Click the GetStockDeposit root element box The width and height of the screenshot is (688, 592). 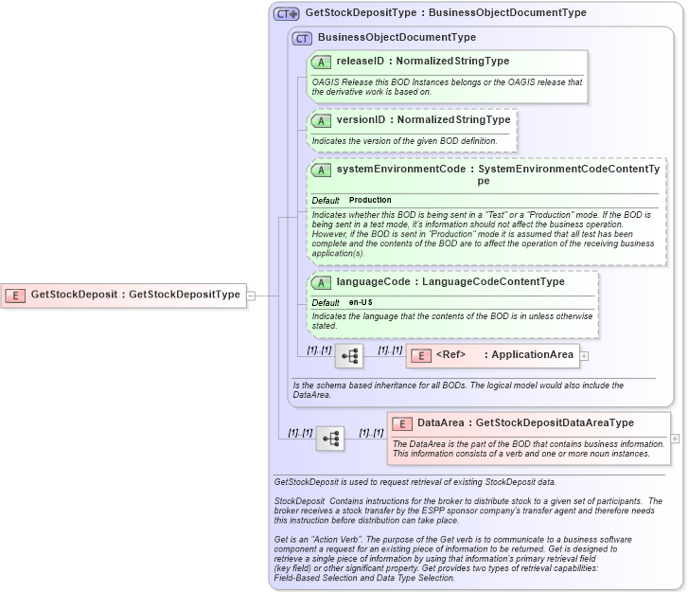(x=123, y=296)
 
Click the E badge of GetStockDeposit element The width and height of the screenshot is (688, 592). (x=15, y=296)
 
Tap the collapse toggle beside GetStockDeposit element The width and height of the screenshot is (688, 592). (x=251, y=296)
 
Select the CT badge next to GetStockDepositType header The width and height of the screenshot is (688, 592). (x=286, y=13)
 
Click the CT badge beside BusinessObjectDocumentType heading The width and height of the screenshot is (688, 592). (x=303, y=38)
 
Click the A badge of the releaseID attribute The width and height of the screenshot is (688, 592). (x=321, y=62)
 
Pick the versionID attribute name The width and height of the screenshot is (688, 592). (x=362, y=120)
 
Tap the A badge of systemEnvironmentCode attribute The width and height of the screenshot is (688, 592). (x=321, y=170)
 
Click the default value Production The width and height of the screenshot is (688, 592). (x=370, y=201)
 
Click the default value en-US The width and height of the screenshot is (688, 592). (x=361, y=302)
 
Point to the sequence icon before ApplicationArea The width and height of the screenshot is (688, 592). (x=348, y=356)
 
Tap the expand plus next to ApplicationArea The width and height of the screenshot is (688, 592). (x=584, y=356)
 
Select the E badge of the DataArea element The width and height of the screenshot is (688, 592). (x=402, y=423)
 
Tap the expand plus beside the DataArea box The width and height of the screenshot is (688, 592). (x=675, y=439)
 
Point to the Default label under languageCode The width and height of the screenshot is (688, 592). (x=326, y=302)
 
